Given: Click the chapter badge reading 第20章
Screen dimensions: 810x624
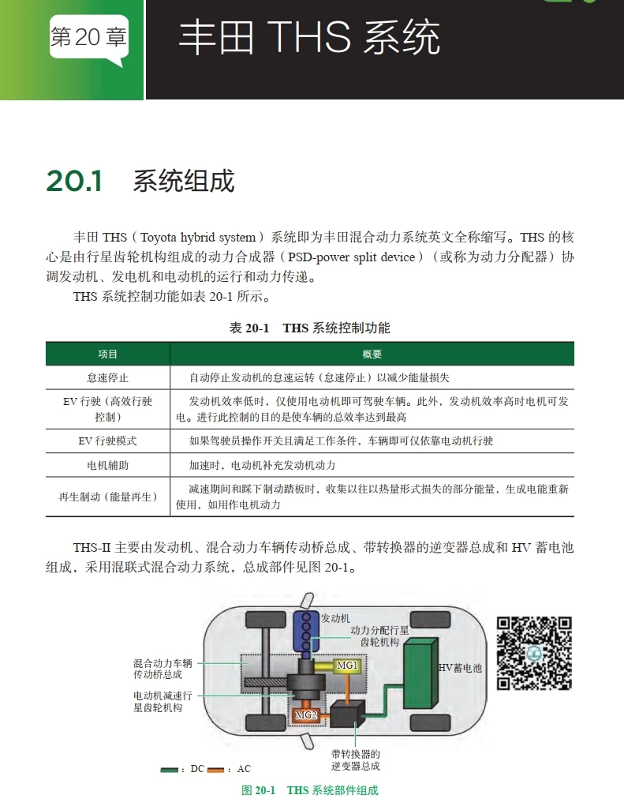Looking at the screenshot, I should [x=88, y=38].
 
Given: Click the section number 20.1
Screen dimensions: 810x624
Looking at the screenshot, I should [x=74, y=181].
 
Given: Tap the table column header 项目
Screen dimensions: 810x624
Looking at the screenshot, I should [x=108, y=354].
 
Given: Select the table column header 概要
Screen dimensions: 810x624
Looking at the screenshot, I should [x=372, y=354].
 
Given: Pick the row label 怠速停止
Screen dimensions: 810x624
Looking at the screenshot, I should [x=108, y=377].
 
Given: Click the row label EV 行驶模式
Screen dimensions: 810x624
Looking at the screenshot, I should [x=108, y=441].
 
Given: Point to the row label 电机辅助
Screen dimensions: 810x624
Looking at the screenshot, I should [x=108, y=465].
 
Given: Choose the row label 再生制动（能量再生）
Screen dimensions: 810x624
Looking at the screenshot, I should [x=108, y=497].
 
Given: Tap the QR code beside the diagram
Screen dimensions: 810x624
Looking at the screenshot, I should [x=534, y=654].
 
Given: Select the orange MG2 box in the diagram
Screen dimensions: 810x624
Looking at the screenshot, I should [x=306, y=714].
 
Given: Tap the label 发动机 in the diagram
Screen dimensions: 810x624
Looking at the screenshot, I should [x=335, y=617].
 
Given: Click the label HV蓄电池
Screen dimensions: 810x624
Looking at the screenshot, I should [x=460, y=668].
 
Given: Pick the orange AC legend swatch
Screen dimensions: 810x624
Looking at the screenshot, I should [x=216, y=769].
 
